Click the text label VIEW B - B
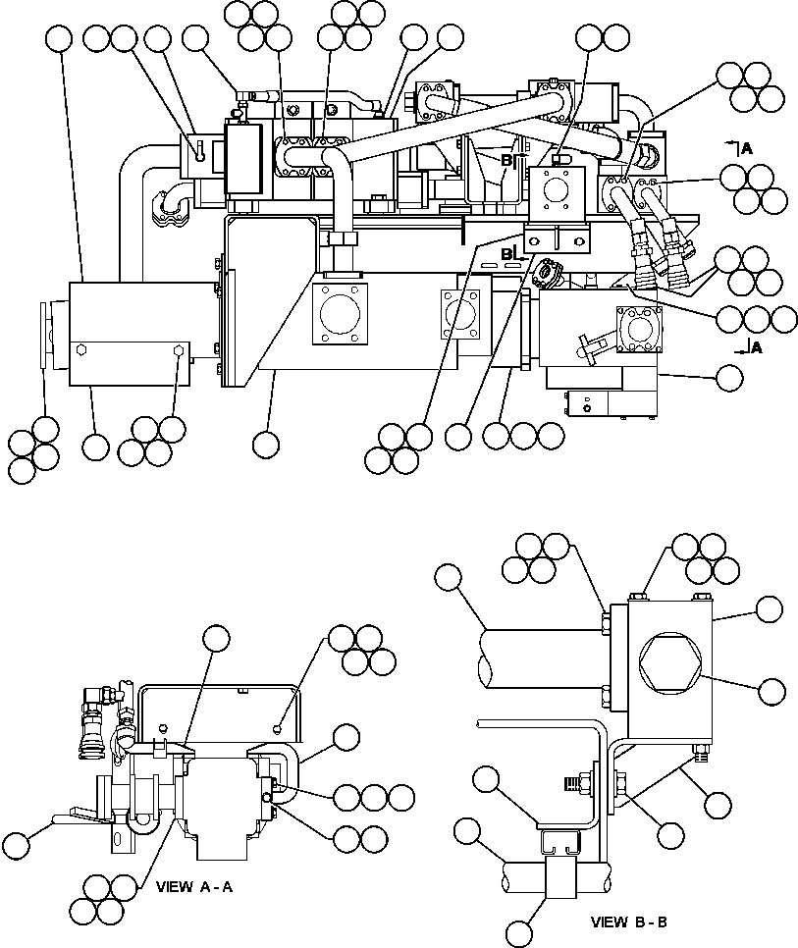[x=629, y=922]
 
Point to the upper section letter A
[x=747, y=148]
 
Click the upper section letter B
[x=507, y=159]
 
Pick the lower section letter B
[x=507, y=254]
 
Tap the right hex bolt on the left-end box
[x=179, y=350]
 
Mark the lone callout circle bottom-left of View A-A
[x=17, y=846]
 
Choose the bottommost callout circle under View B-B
[x=522, y=929]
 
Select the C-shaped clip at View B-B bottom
[x=559, y=845]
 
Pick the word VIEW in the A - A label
[x=174, y=886]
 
